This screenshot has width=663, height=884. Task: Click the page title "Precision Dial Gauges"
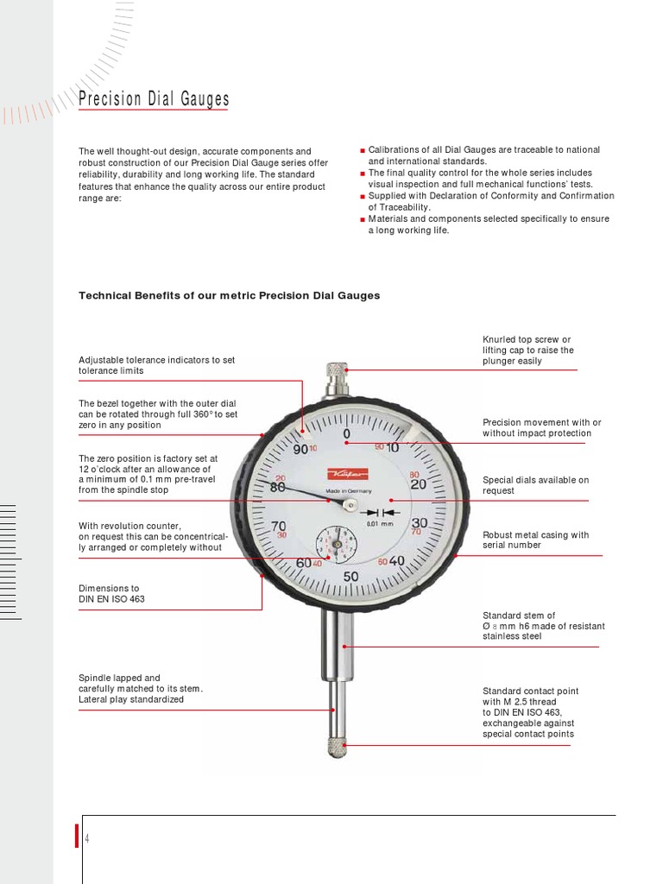pos(154,100)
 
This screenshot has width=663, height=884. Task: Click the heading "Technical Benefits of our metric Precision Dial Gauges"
pos(229,295)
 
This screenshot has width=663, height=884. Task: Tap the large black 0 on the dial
pos(346,433)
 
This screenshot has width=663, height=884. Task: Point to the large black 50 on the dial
pos(350,577)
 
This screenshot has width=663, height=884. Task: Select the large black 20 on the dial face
pos(419,485)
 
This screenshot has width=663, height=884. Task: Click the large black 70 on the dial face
pos(279,526)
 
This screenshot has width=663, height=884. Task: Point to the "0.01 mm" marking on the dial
pos(381,523)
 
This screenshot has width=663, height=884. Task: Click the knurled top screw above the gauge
pos(336,376)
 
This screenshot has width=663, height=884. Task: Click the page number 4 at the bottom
pos(87,839)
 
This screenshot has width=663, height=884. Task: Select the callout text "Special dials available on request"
pos(535,485)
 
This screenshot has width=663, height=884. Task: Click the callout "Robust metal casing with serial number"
pos(535,540)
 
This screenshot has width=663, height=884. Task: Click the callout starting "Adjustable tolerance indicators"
pos(156,364)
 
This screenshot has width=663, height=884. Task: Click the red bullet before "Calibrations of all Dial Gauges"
pos(363,150)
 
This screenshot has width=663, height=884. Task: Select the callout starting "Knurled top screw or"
pos(527,350)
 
